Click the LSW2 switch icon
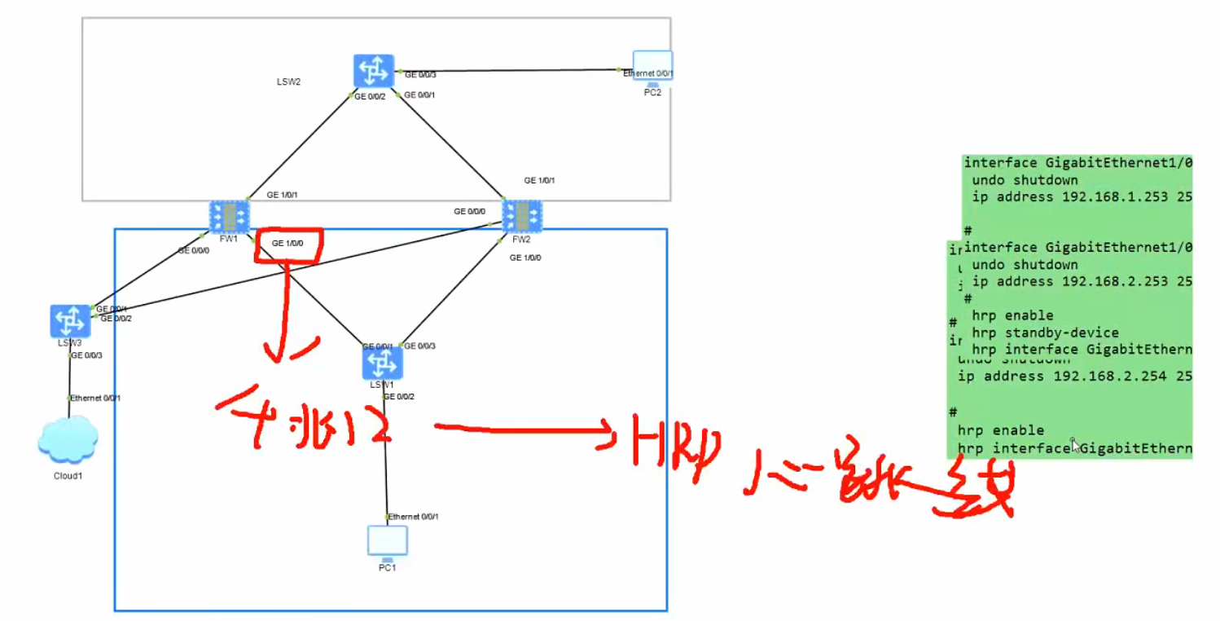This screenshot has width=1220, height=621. (374, 72)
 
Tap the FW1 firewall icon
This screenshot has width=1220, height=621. (229, 217)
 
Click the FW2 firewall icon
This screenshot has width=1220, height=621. (521, 217)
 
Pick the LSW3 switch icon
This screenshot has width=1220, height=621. (70, 320)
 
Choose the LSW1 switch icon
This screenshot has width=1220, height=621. (382, 363)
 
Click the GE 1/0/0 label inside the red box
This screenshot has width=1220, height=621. (289, 244)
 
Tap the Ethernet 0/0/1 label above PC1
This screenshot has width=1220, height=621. (415, 517)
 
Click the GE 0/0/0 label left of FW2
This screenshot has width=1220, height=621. (470, 211)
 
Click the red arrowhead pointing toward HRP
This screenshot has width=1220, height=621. (607, 429)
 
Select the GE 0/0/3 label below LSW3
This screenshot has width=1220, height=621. (87, 355)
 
